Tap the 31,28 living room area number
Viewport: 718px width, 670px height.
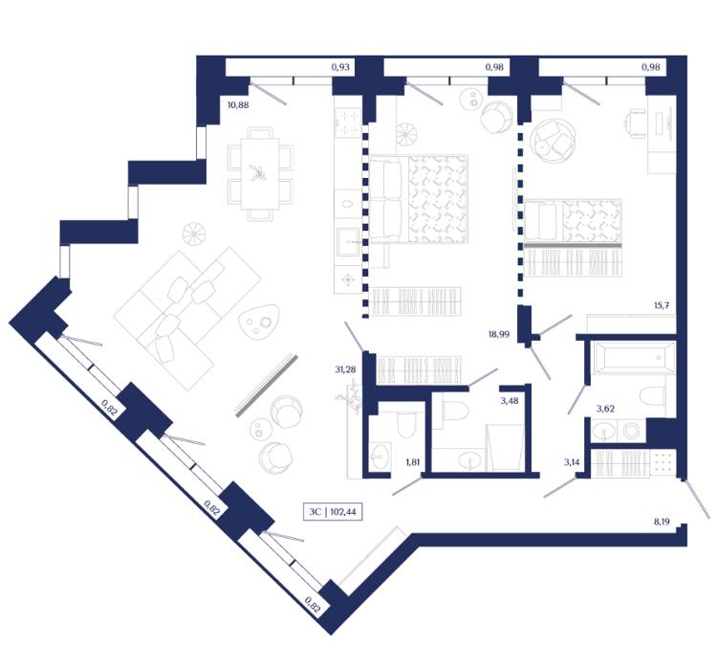click(x=345, y=369)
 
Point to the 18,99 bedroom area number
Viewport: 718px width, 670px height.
click(x=499, y=335)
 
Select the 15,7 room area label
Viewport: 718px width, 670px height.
click(x=662, y=305)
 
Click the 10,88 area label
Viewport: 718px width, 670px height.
click(x=238, y=105)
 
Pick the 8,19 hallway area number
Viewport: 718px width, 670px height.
click(x=662, y=522)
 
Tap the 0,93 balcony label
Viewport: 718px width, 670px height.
click(x=340, y=67)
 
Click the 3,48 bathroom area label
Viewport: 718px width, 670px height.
click(x=510, y=401)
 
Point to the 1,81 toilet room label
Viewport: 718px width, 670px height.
click(x=413, y=462)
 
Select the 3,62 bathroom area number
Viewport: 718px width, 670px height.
click(x=605, y=409)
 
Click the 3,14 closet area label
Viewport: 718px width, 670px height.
click(x=572, y=462)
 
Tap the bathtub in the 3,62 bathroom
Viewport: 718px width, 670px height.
click(x=633, y=357)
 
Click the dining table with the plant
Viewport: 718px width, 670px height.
click(x=260, y=173)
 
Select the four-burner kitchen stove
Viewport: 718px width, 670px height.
click(x=348, y=123)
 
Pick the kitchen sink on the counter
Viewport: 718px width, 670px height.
click(x=349, y=242)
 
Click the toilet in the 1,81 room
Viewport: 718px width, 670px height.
click(x=405, y=424)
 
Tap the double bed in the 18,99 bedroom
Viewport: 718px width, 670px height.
click(x=419, y=199)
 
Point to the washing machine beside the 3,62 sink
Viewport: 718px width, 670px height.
click(x=631, y=431)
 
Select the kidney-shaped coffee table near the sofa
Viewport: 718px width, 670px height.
click(x=259, y=323)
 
